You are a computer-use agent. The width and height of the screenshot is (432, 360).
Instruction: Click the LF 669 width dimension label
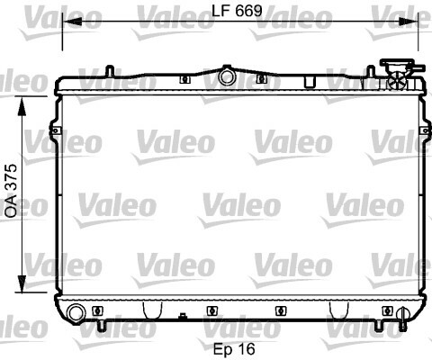coord(237,11)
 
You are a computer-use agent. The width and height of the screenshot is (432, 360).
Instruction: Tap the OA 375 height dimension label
coord(12,191)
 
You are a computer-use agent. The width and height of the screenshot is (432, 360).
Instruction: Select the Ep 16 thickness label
coord(234,349)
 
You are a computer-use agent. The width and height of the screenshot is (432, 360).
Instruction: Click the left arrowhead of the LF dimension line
coord(72,22)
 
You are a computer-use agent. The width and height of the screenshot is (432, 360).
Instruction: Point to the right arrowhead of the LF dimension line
coord(409,22)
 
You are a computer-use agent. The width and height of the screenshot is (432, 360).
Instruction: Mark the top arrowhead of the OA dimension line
coord(22,106)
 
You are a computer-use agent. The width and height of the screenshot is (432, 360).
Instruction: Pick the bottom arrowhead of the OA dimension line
coord(22,283)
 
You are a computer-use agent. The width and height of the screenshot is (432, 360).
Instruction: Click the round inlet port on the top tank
coord(227,76)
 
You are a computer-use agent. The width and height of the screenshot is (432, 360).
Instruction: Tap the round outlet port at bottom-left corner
coord(76,312)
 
